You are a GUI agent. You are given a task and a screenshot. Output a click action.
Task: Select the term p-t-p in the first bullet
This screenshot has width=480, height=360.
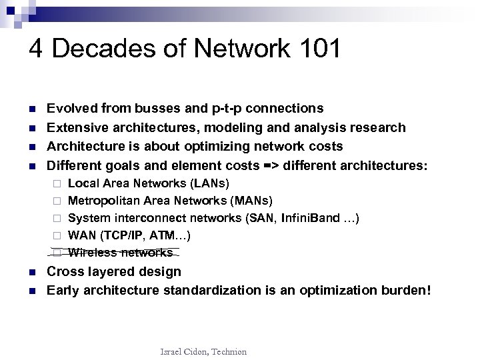pos(227,108)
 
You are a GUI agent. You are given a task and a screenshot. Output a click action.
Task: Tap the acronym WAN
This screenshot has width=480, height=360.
pos(82,235)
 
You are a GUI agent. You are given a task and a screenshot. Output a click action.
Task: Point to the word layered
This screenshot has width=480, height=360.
pos(111,271)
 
